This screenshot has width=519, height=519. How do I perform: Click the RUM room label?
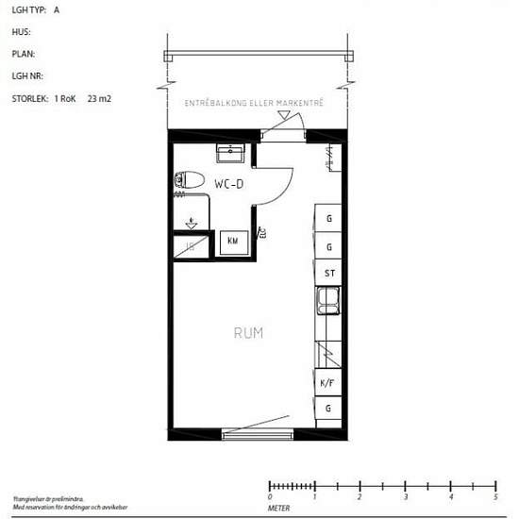(248, 333)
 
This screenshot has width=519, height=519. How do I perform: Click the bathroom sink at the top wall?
(230, 152)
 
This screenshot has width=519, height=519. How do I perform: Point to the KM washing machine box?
(232, 242)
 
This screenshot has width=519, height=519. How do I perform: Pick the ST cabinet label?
(329, 274)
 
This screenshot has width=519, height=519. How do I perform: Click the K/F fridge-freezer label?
(328, 383)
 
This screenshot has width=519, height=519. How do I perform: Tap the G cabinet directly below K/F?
(328, 409)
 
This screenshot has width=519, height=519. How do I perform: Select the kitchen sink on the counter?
(329, 302)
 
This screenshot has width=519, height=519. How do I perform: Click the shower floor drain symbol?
(192, 224)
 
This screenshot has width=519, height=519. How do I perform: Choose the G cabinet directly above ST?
(328, 246)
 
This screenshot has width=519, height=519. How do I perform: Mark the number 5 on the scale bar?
(495, 496)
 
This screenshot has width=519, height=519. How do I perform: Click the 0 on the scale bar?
(270, 496)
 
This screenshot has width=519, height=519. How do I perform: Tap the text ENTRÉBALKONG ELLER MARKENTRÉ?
(254, 103)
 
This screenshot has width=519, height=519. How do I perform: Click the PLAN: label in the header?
(24, 54)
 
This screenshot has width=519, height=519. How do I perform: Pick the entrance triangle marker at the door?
(283, 116)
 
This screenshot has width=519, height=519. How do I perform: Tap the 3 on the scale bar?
(405, 496)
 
